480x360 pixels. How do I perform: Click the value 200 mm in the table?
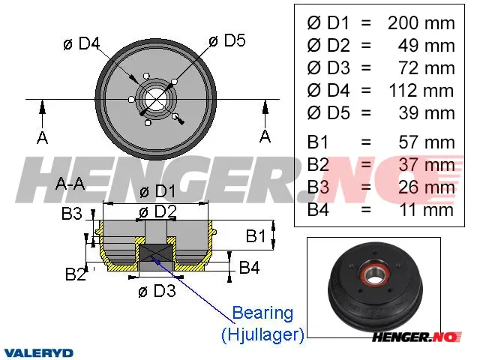click(x=421, y=23)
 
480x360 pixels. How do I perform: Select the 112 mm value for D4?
click(x=421, y=91)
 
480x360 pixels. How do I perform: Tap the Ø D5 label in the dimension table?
click(x=328, y=113)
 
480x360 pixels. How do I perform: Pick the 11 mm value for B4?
click(x=427, y=210)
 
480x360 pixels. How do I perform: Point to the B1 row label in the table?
click(x=318, y=142)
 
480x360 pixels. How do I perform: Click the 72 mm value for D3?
click(x=427, y=68)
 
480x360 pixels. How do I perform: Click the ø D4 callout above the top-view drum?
click(x=82, y=43)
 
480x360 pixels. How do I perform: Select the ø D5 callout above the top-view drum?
click(x=226, y=40)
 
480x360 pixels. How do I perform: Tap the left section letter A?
click(x=42, y=137)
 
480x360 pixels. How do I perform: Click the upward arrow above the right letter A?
click(x=265, y=112)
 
